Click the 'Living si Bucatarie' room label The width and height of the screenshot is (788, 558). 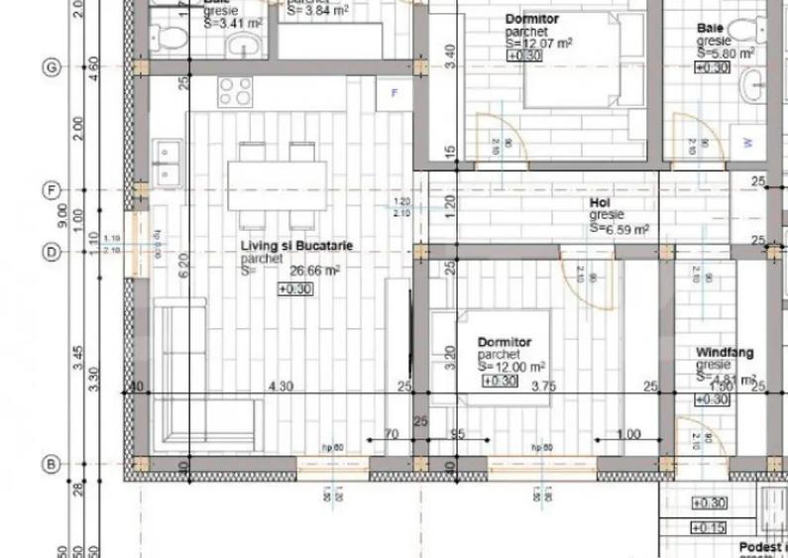(296, 245)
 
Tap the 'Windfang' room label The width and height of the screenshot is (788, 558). (724, 352)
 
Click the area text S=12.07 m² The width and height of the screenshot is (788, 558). (538, 44)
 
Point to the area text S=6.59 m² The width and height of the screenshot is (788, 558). (619, 228)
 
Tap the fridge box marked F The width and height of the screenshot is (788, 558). (394, 92)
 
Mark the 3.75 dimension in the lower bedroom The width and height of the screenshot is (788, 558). (543, 387)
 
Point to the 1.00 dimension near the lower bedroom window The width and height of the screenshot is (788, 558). (626, 435)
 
